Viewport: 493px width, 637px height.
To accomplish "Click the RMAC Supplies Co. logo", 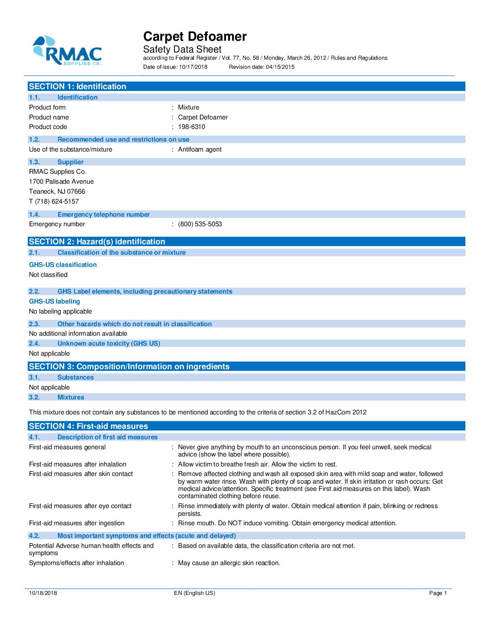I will click(67, 51).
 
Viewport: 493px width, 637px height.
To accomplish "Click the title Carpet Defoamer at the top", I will click(195, 37).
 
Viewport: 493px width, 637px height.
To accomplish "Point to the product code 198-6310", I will click(192, 127).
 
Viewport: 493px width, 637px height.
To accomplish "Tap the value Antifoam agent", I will click(200, 150).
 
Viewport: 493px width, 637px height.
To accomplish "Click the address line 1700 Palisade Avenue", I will click(61, 182).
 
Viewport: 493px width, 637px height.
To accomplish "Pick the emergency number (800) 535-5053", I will click(200, 224).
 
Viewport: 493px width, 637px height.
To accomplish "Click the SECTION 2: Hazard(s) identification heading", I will click(97, 242).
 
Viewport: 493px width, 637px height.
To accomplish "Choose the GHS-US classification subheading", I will click(63, 265).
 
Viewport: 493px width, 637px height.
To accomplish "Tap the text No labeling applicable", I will click(60, 312).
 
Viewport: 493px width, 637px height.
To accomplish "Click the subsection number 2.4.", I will click(34, 344).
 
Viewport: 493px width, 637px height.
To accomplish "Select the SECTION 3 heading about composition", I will click(129, 366).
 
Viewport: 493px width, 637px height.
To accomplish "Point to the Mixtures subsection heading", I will click(71, 398).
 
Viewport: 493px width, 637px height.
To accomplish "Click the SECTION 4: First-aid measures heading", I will click(88, 426).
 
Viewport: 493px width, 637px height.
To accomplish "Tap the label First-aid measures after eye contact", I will click(80, 506).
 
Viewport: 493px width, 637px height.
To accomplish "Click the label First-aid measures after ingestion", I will click(77, 523).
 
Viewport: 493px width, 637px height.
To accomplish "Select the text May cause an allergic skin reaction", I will click(229, 563).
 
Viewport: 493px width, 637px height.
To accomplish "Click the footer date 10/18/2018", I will click(43, 593).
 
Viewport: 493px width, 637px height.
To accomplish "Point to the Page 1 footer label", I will click(438, 593).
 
